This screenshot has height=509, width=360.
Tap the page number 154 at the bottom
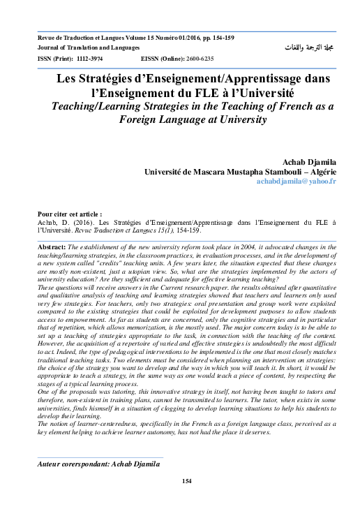click(x=186, y=481)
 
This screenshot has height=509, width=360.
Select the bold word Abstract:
click(x=52, y=248)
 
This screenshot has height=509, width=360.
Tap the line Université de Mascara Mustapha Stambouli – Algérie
click(x=240, y=171)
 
